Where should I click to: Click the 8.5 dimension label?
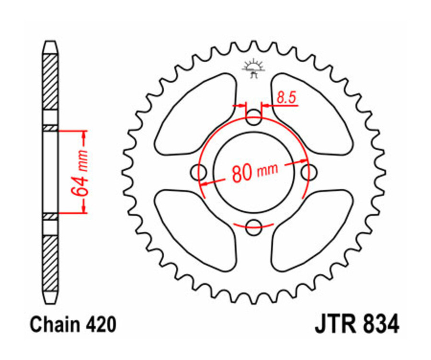[x=287, y=98]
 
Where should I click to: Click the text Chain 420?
[x=73, y=325]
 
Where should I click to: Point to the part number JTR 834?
[x=357, y=325]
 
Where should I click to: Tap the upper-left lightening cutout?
[x=196, y=115]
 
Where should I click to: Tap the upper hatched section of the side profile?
[x=50, y=81]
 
